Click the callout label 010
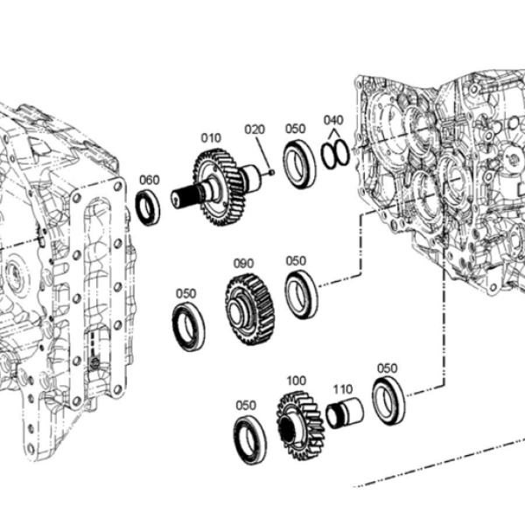(211, 138)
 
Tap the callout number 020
(255, 129)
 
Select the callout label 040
(333, 120)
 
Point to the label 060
(149, 179)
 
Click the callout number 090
(243, 263)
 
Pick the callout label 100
(297, 381)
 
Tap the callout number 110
(342, 389)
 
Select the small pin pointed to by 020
(272, 172)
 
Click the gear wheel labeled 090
(250, 310)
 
